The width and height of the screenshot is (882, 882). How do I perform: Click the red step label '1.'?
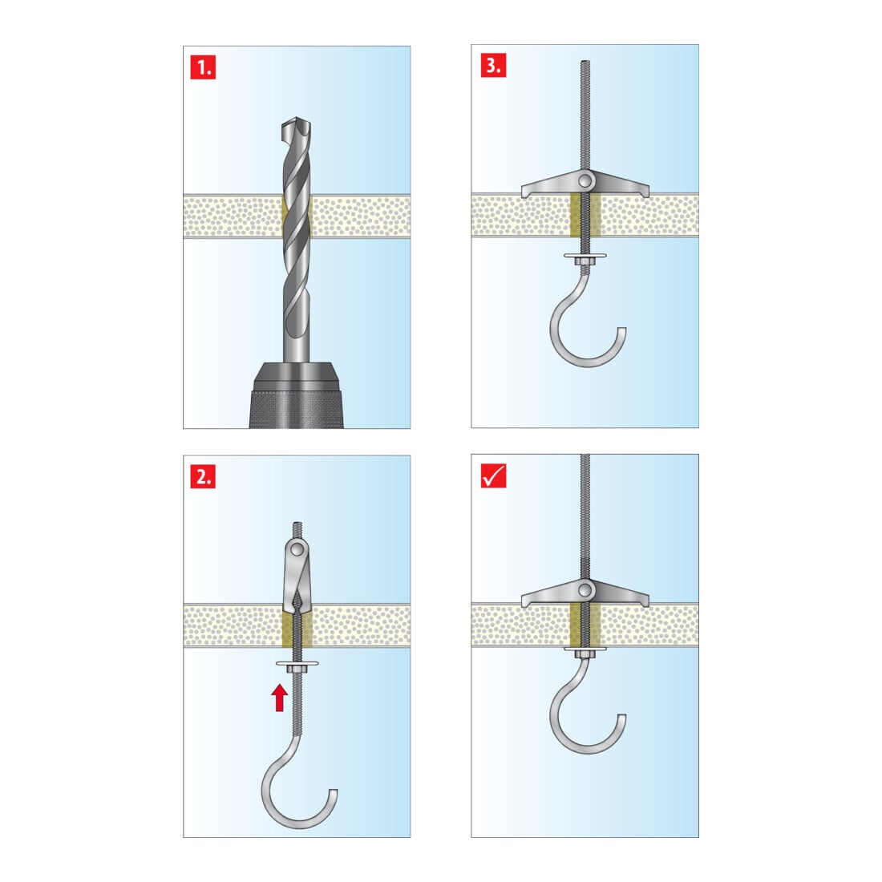[203, 67]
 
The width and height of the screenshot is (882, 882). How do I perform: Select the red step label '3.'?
[493, 65]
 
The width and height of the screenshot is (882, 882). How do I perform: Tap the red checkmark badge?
[493, 475]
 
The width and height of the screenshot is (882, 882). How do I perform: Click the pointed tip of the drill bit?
[297, 119]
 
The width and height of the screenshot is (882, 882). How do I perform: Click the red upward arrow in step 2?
[280, 698]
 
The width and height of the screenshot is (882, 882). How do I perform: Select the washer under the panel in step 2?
[297, 664]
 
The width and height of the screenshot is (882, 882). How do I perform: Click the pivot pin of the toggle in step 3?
[585, 180]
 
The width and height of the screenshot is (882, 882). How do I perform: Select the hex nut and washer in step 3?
[585, 257]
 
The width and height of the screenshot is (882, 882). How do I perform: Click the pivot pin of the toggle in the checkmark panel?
[585, 590]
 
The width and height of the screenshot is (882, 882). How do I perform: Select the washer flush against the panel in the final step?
[585, 649]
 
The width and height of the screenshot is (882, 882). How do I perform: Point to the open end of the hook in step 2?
[334, 791]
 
